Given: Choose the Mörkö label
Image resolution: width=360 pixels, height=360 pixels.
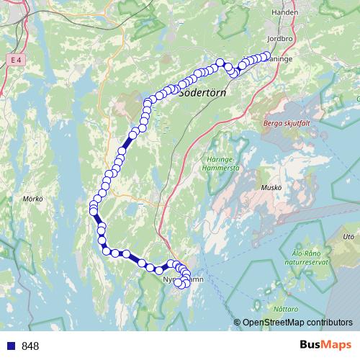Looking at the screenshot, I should coord(33,198).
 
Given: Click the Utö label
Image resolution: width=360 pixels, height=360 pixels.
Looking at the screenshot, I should coord(349,235).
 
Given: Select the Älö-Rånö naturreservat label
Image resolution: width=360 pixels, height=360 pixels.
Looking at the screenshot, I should coord(310,257).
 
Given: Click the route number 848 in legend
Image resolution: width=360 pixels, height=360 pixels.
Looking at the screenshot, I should coord(30,346).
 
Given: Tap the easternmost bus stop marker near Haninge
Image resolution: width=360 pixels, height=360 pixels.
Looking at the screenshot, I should coord(266,56).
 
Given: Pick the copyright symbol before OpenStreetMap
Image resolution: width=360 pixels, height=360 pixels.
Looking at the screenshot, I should coord(237,323).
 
